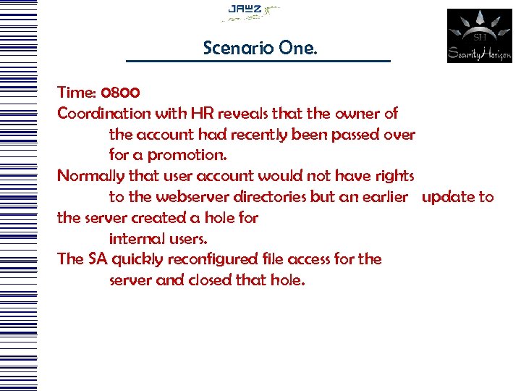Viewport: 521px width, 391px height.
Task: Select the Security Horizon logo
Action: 479,35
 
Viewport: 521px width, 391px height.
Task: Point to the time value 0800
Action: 121,93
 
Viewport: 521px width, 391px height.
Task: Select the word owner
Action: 359,114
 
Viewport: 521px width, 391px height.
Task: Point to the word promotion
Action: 188,156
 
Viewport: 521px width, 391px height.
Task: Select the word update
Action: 447,197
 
